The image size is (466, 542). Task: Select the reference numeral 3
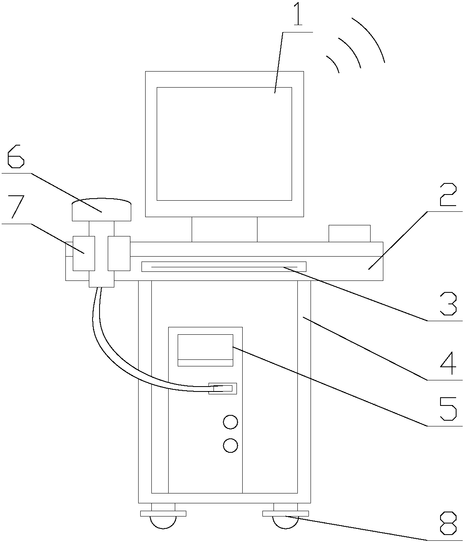pyautogui.click(x=447, y=304)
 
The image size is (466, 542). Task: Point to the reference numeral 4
pyautogui.click(x=447, y=363)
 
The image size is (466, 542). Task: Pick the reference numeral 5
pyautogui.click(x=447, y=408)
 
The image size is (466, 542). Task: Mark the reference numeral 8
pyautogui.click(x=447, y=523)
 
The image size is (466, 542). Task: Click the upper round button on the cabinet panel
pyautogui.click(x=230, y=422)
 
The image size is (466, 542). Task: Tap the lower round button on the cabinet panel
pyautogui.click(x=230, y=445)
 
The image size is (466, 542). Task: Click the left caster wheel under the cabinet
pyautogui.click(x=163, y=521)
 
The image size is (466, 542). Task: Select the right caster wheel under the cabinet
pyautogui.click(x=285, y=521)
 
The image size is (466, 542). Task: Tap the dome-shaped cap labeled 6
pyautogui.click(x=102, y=210)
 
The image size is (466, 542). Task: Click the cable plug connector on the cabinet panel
pyautogui.click(x=223, y=388)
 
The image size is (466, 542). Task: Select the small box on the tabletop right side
pyautogui.click(x=349, y=233)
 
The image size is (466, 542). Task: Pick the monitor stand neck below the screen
pyautogui.click(x=224, y=229)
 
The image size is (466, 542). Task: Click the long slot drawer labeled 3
pyautogui.click(x=224, y=266)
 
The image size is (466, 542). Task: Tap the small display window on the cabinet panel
pyautogui.click(x=205, y=350)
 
